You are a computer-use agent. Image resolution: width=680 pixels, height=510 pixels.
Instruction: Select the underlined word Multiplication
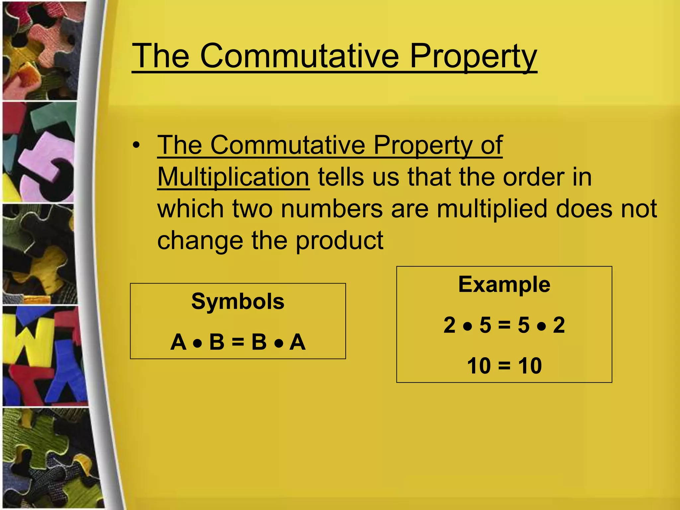(233, 177)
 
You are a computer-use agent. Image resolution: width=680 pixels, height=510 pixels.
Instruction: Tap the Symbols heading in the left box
(238, 301)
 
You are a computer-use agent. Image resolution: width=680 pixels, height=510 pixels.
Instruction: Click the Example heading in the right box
(504, 285)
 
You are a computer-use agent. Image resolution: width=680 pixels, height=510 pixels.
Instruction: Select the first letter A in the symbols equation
(178, 342)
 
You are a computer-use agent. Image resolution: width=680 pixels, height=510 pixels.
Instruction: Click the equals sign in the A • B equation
(238, 342)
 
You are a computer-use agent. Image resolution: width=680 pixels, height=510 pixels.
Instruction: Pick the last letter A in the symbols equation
(297, 342)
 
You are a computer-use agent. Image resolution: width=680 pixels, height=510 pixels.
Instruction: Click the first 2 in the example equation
(450, 325)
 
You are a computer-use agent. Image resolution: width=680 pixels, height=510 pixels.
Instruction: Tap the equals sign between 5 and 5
(504, 325)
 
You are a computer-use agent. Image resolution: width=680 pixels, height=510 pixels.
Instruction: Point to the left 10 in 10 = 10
(479, 366)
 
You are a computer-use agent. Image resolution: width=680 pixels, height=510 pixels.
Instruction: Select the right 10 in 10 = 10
(530, 366)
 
